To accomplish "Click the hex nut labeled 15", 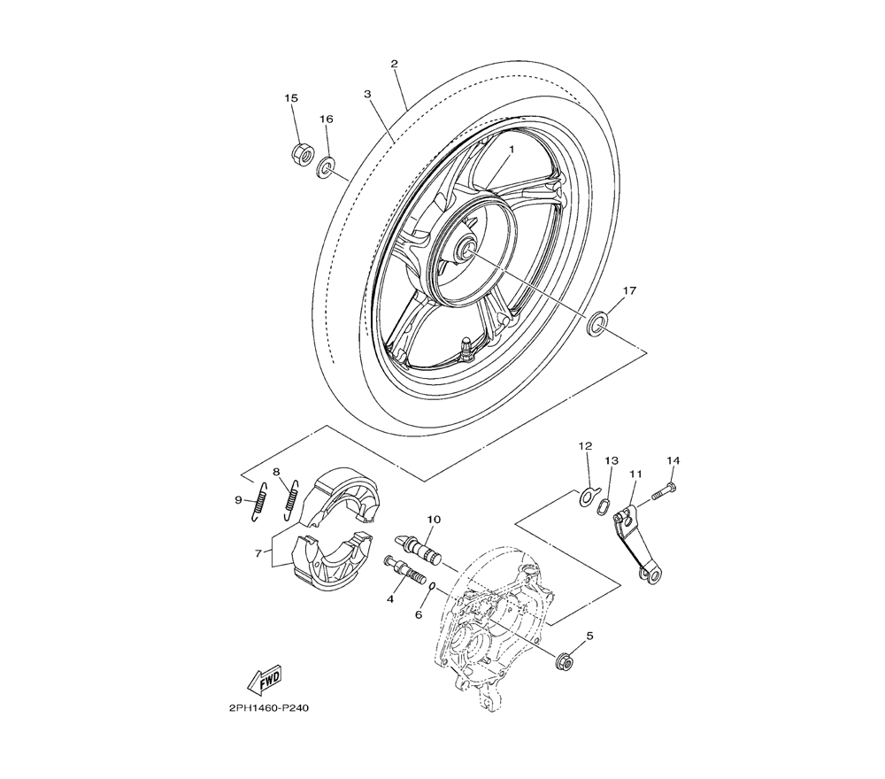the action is tap(304, 153).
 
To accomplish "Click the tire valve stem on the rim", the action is tap(466, 347).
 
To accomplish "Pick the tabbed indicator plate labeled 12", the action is tap(587, 496).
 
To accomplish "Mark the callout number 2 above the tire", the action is tap(394, 64).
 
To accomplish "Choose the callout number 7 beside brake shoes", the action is tap(258, 553).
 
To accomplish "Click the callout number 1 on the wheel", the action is tap(512, 149).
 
